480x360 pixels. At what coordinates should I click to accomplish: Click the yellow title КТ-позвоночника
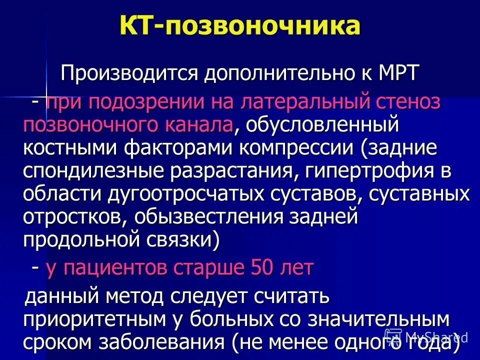point(240,26)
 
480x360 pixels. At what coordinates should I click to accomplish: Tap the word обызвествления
point(199,217)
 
